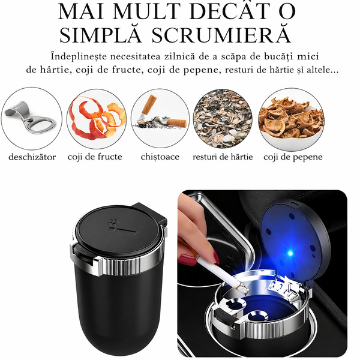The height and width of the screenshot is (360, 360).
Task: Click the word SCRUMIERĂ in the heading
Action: click(222, 34)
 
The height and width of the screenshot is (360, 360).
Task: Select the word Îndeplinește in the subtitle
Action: click(79, 56)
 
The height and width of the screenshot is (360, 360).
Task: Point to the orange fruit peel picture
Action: click(97, 118)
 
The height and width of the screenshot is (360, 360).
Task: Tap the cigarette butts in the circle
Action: click(161, 115)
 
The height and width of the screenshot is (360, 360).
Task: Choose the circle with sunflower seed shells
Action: click(222, 118)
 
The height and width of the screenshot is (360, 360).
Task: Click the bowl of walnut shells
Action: click(291, 119)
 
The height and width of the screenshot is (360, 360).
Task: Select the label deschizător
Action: click(32, 157)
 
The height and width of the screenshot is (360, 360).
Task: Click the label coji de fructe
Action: click(95, 157)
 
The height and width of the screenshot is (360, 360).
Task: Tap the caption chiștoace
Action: click(160, 157)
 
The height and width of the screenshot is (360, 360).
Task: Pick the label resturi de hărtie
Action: click(223, 157)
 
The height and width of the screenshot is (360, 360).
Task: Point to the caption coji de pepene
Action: click(293, 157)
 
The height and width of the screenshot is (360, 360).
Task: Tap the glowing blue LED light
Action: click(290, 253)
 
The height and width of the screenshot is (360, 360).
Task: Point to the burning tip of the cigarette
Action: click(244, 290)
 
